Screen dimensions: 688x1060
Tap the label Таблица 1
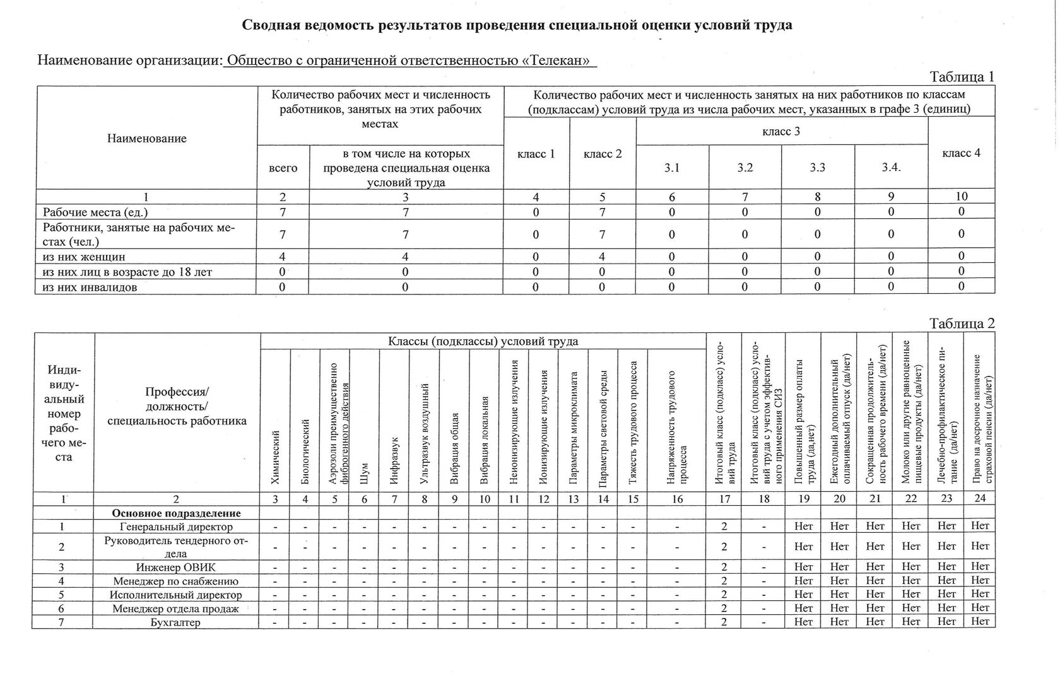tap(962, 77)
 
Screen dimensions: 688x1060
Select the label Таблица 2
tap(962, 324)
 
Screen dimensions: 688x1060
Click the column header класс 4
tap(961, 153)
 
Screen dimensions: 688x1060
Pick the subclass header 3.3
tap(818, 168)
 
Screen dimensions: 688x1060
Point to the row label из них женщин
tap(83, 257)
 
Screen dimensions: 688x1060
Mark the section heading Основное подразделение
tap(177, 513)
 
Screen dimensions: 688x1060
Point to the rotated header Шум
tap(364, 473)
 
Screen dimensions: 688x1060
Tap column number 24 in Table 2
tap(979, 499)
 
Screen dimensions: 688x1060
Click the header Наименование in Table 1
tap(146, 139)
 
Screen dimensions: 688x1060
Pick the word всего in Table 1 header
tap(283, 168)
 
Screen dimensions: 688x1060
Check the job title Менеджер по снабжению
tap(176, 581)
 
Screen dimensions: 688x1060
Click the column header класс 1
tap(536, 154)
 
